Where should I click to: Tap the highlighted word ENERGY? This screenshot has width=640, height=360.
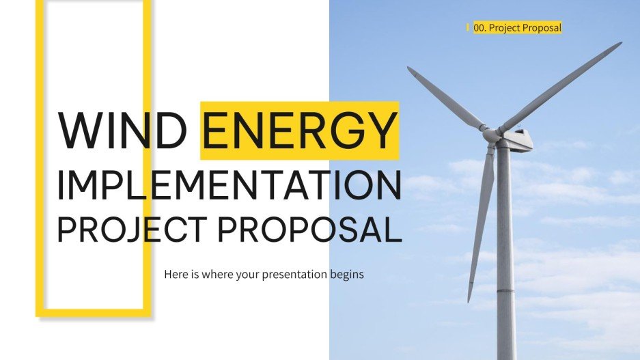tap(299, 130)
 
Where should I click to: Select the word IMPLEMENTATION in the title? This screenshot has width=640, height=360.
tap(229, 182)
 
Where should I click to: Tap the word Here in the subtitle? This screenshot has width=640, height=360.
tap(176, 275)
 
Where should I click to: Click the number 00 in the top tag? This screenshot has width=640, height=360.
tap(479, 28)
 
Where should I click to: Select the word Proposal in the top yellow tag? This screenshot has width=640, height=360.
tap(542, 28)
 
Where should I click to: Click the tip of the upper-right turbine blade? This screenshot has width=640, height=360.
tap(618, 44)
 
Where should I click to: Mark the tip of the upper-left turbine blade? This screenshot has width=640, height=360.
tap(410, 69)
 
